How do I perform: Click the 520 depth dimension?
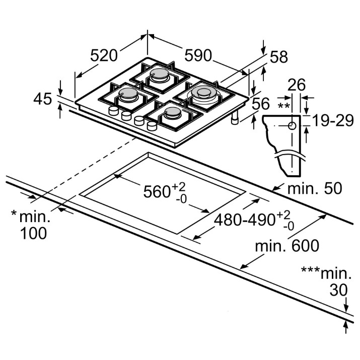104,55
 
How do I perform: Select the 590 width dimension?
198,55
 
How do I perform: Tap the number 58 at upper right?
278,57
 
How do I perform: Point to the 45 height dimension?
43,99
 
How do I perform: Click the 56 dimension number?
261,104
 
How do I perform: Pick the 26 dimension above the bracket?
297,85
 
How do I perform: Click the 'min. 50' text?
315,188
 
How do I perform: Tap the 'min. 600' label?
287,246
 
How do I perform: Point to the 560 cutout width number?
157,192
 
